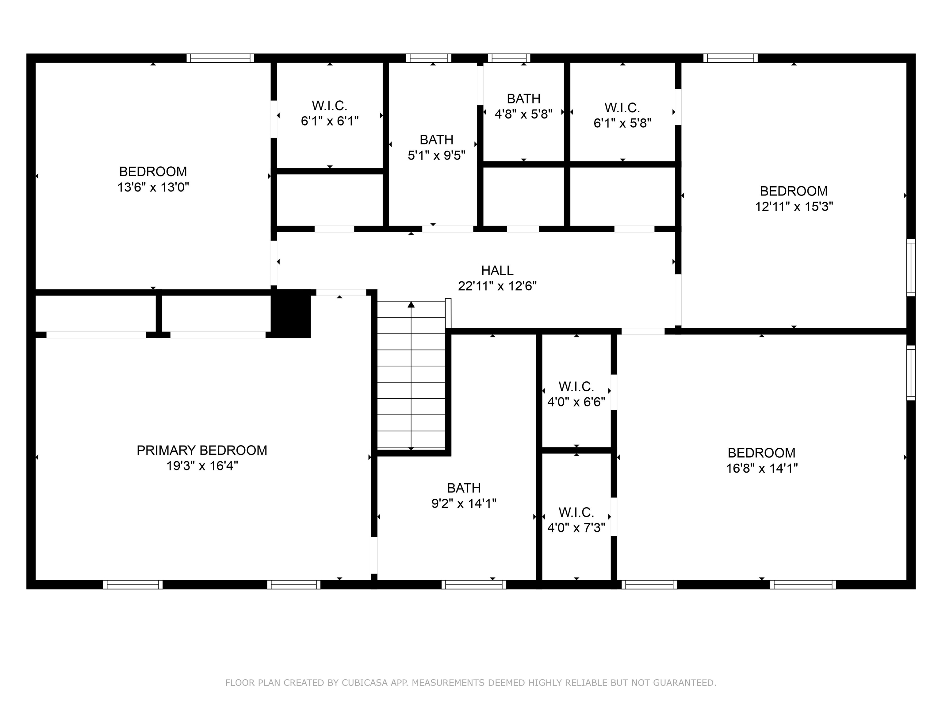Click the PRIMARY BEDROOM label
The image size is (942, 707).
201,450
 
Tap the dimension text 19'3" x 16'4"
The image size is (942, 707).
201,466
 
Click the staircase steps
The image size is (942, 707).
411,375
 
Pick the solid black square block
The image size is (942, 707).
291,314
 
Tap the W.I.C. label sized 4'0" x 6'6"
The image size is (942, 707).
576,387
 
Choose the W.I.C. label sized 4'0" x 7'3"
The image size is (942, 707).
576,512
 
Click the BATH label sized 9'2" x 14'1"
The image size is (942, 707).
463,488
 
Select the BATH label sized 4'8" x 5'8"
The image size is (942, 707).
523,99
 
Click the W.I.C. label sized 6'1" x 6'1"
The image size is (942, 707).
329,105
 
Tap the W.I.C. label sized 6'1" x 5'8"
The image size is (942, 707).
622,107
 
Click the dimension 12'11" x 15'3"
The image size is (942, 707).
794,207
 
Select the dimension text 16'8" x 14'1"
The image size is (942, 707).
761,468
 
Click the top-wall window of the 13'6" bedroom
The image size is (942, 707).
220,58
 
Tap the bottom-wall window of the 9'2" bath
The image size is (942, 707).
473,585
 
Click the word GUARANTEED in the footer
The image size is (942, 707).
684,683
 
